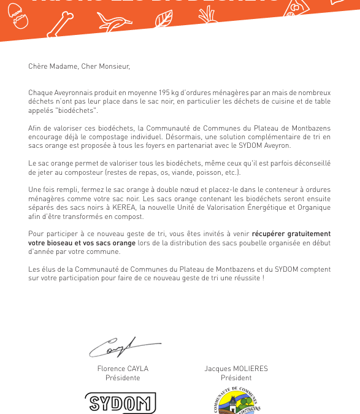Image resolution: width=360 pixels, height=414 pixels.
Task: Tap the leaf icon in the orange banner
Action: [163, 19]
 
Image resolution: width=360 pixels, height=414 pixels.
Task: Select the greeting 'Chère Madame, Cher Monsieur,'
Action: [79, 66]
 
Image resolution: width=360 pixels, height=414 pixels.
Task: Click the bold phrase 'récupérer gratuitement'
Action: [291, 234]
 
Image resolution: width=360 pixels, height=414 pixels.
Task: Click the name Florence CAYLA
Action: [123, 369]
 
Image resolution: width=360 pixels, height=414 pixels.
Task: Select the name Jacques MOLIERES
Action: [236, 369]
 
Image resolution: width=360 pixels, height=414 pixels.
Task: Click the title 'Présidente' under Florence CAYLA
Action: [123, 378]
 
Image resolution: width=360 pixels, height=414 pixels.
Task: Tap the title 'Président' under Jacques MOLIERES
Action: [236, 378]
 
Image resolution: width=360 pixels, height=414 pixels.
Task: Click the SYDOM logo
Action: [121, 403]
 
